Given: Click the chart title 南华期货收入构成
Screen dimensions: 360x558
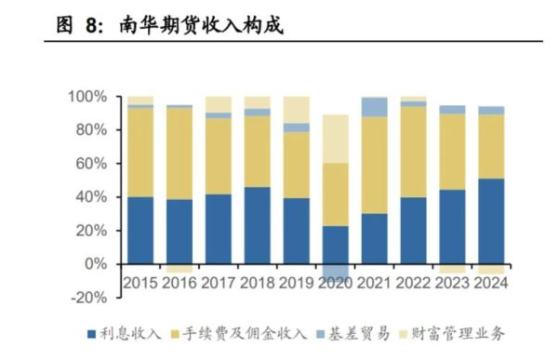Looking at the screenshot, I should [201, 26].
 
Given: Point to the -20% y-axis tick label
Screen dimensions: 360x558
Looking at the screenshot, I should [89, 298].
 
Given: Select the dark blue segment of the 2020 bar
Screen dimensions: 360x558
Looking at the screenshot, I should [336, 246].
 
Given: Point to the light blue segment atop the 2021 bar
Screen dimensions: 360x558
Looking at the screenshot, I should [374, 107].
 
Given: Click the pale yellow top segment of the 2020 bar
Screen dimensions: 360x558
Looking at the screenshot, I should [336, 139].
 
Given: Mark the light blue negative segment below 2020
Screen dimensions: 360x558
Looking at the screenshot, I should [336, 278].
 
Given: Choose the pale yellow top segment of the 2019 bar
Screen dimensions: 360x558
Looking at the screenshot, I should [297, 109].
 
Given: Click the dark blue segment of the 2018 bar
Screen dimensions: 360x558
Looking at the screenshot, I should [258, 225].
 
